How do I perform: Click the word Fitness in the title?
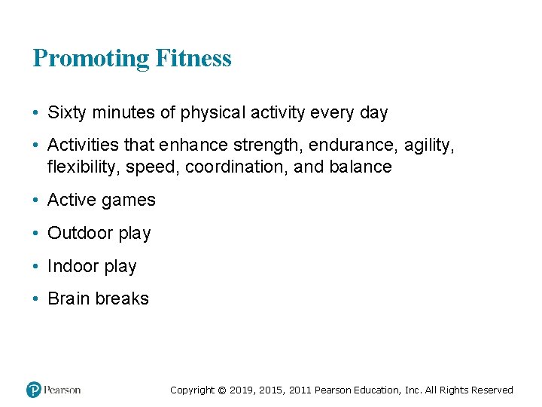tap(193, 58)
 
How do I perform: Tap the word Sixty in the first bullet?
tap(65, 113)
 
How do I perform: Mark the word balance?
tap(361, 167)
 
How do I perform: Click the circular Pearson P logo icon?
tap(34, 390)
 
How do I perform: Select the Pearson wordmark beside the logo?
tap(62, 390)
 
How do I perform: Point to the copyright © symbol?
tap(221, 390)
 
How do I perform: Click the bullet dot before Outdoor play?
tap(36, 234)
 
